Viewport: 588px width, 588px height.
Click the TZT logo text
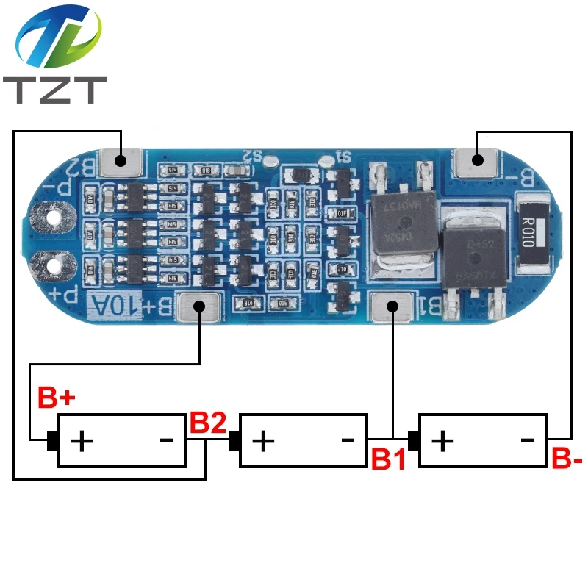pos(55,89)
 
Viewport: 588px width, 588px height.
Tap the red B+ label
pos(57,398)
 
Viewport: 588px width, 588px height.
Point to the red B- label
pos(567,461)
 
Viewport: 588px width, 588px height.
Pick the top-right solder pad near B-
pos(476,160)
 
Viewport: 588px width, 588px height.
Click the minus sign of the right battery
pos(527,440)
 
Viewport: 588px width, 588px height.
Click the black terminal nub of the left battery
pos(52,441)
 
